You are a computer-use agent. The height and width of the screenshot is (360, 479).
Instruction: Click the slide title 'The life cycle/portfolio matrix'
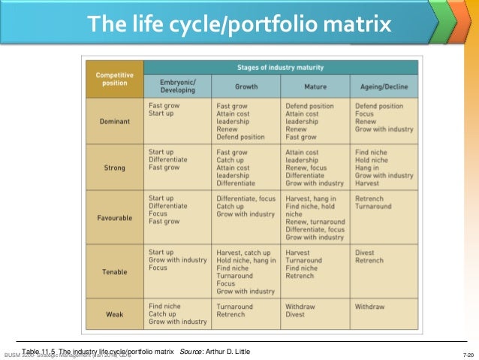239,25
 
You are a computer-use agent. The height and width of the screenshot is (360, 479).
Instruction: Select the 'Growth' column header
246,86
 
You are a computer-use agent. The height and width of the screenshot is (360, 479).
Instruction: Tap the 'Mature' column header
315,86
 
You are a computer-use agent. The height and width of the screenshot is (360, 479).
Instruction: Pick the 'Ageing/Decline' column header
385,86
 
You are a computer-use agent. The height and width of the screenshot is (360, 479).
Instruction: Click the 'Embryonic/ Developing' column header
177,86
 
